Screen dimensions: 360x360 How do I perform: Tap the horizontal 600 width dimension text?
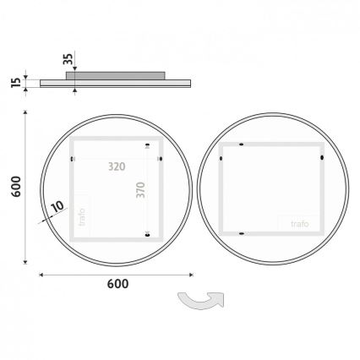click(x=117, y=284)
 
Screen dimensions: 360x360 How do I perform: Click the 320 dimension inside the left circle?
click(x=117, y=167)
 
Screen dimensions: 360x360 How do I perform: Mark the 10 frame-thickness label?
click(x=57, y=205)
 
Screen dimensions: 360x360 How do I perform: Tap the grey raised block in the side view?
click(x=118, y=74)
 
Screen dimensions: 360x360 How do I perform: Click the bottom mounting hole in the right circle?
click(x=242, y=232)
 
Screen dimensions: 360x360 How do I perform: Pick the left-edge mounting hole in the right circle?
click(x=220, y=155)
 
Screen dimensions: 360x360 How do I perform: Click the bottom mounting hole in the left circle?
click(x=149, y=234)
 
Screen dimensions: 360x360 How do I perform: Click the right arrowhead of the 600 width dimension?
click(x=191, y=274)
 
